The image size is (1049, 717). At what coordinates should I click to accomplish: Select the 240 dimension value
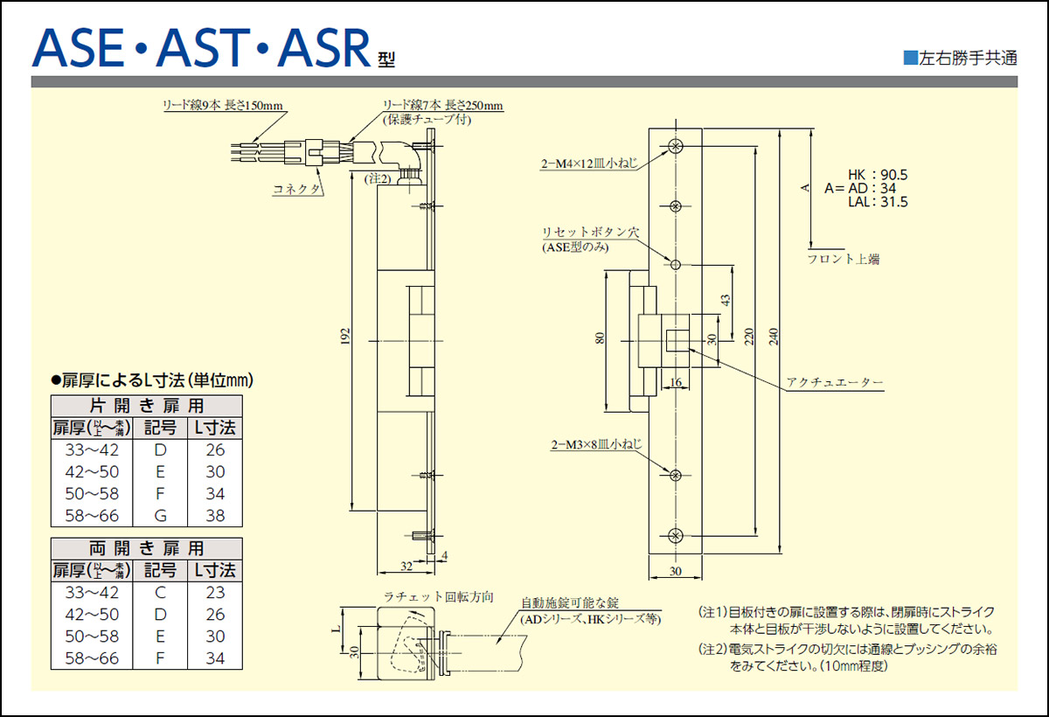[x=773, y=336]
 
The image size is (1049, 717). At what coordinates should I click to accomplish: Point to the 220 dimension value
[x=750, y=336]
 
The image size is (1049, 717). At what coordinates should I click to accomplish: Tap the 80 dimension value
[x=600, y=338]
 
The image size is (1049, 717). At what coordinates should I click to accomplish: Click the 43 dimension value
[x=725, y=299]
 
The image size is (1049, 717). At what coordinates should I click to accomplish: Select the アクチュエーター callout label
[x=835, y=383]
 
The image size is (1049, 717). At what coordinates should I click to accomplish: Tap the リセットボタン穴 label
[x=591, y=233]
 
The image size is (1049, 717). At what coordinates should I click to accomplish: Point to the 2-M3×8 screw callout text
[x=596, y=445]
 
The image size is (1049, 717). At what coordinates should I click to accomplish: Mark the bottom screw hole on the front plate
[x=675, y=535]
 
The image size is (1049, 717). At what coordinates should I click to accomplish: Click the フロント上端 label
[x=843, y=259]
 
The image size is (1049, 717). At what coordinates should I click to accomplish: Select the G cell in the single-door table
[x=159, y=515]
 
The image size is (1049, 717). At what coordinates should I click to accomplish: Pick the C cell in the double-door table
[x=159, y=592]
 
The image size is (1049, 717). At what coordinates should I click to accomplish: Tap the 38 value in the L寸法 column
[x=215, y=515]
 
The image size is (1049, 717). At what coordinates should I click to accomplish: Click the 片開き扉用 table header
[x=147, y=406]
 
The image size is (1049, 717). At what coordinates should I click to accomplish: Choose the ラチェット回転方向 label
[x=439, y=597]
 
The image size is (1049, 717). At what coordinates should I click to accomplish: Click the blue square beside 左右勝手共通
[x=910, y=59]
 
